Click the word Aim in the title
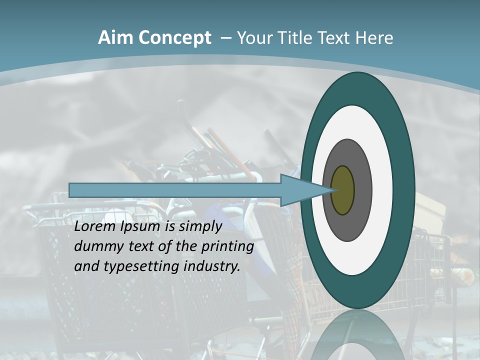pos(115,37)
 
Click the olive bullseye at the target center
pos(342,190)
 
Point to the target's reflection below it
pos(357,335)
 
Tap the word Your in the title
pos(253,37)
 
